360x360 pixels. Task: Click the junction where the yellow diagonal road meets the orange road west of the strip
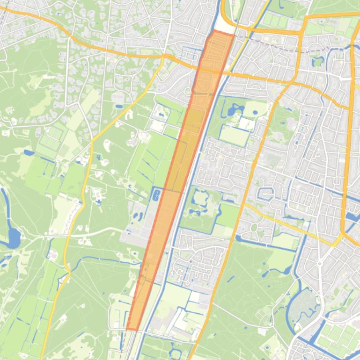(x=164, y=56)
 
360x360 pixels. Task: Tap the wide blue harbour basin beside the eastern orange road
(x=352, y=218)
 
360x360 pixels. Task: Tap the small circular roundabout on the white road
(x=187, y=91)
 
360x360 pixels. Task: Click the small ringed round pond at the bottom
(x=175, y=351)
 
